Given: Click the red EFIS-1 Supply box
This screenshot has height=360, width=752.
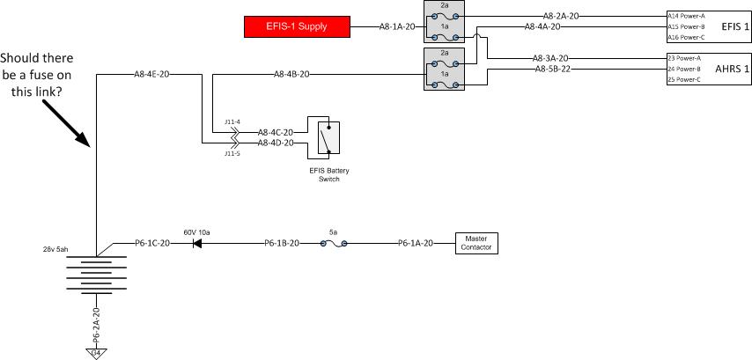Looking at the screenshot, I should (x=297, y=26).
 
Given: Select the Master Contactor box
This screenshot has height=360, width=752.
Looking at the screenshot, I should (x=476, y=243).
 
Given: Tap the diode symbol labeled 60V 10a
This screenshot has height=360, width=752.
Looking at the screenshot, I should (x=197, y=243).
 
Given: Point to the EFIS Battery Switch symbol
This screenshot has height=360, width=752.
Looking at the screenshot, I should (x=323, y=136).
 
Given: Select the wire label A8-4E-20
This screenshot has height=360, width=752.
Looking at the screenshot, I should (x=151, y=75).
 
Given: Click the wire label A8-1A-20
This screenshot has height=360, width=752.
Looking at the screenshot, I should (x=396, y=27).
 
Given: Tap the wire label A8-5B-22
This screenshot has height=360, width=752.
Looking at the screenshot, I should (x=552, y=69).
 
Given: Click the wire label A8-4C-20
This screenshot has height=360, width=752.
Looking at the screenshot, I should (x=276, y=132).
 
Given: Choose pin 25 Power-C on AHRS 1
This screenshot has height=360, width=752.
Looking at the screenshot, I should (x=684, y=79).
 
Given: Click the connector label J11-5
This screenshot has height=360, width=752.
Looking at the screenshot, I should (x=231, y=153).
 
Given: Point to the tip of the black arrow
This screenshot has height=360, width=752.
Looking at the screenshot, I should (x=88, y=145).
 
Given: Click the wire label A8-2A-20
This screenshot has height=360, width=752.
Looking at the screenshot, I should (x=561, y=16).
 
